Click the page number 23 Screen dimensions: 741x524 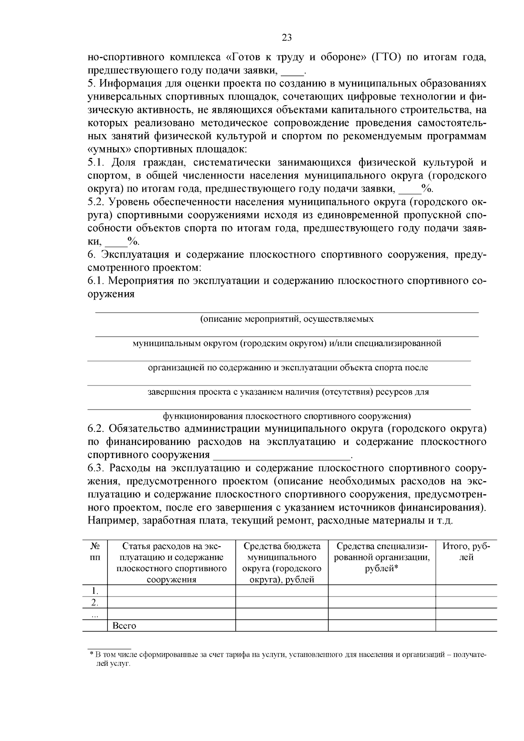[287, 38]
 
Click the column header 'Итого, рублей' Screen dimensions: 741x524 [466, 551]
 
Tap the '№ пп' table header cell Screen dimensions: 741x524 [95, 551]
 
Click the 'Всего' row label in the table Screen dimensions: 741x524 [124, 626]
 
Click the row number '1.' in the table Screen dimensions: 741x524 [95, 591]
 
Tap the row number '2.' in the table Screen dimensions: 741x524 [95, 603]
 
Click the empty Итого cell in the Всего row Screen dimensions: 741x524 [466, 626]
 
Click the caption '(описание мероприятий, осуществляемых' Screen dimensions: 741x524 [287, 319]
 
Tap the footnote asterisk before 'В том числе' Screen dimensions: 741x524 [91, 655]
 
